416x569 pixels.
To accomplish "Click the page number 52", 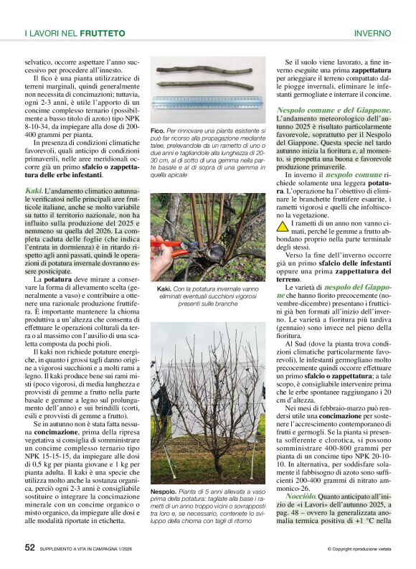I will (x=29, y=547).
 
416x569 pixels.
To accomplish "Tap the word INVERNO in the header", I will (x=372, y=33).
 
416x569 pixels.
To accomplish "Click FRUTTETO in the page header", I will (x=103, y=33).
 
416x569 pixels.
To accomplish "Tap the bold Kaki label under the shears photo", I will (x=164, y=289).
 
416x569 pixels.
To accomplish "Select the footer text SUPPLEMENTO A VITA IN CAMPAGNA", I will (x=92, y=549).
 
